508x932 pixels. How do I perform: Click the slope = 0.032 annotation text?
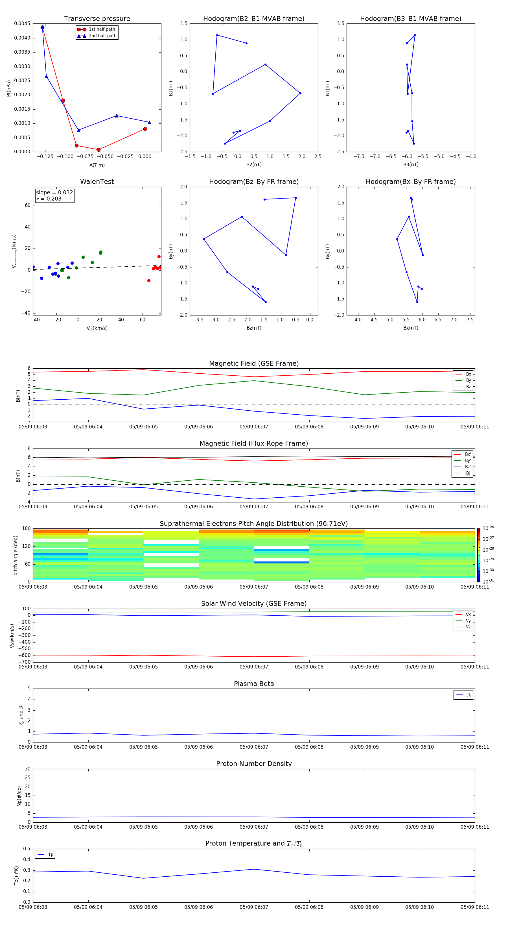coord(54,193)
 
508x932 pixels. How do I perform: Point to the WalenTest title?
coord(97,182)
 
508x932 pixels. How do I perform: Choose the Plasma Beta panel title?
coord(254,684)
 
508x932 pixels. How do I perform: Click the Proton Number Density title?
coord(254,764)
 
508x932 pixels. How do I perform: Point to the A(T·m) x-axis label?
coord(97,165)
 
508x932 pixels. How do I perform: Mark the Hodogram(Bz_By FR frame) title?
coord(254,182)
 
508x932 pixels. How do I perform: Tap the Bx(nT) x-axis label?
coord(411,328)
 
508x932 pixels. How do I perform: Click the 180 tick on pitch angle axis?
coord(26,529)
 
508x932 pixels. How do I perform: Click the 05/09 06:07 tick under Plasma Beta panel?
coord(254,747)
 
